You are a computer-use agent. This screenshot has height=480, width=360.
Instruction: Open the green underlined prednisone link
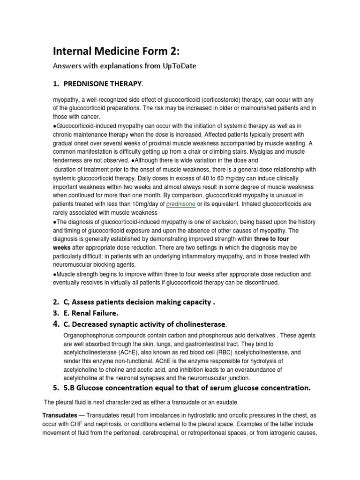click(180, 204)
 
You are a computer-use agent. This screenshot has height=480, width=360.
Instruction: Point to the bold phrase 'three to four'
click(272, 239)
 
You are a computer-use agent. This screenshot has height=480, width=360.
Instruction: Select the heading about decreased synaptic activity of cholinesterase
click(145, 324)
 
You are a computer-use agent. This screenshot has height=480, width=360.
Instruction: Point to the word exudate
click(226, 402)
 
